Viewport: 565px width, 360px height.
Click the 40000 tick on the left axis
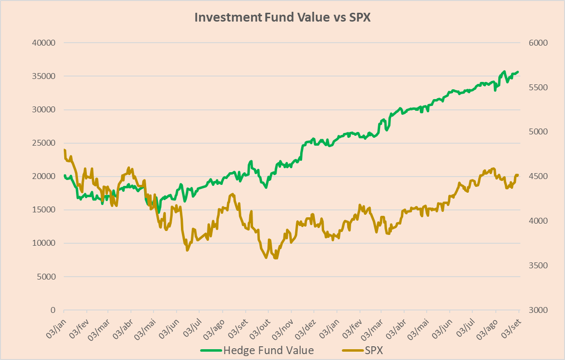coord(43,43)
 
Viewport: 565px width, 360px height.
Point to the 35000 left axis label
coord(43,76)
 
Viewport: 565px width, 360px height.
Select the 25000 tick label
coord(43,143)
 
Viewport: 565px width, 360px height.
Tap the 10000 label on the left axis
coord(43,243)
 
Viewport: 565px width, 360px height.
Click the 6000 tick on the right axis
coord(539,43)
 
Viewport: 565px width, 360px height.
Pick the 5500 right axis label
coord(539,87)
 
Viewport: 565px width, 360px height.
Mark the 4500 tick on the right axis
coord(539,177)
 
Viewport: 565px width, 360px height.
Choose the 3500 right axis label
coord(539,266)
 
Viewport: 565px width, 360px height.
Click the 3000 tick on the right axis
coord(539,310)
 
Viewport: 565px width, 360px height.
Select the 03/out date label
coord(260,326)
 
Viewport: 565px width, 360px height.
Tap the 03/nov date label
coord(282,326)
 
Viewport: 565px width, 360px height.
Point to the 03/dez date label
coord(305,326)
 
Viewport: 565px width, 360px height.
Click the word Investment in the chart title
coord(228,17)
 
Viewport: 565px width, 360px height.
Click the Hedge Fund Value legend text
coord(268,350)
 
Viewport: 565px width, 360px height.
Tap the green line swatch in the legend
coord(211,351)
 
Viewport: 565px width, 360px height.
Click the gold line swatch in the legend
coord(352,351)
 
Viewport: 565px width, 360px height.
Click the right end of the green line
coord(518,72)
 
